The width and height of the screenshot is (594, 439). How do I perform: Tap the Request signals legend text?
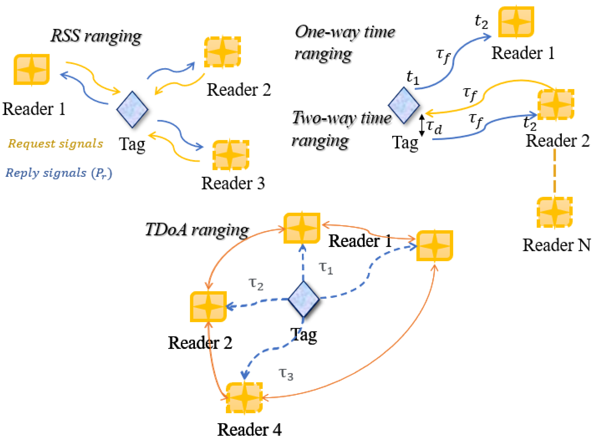tap(55, 144)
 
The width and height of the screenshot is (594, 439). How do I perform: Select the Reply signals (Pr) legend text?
tap(59, 173)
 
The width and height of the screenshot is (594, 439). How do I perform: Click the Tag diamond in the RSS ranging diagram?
tap(132, 109)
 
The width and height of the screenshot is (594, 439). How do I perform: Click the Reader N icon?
tap(554, 212)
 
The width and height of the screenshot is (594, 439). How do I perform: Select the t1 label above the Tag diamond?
tap(413, 77)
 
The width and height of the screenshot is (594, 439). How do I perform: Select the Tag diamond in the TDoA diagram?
tap(304, 299)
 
